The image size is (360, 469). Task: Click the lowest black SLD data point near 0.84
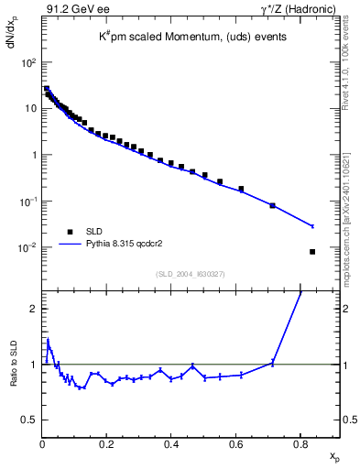click(312, 252)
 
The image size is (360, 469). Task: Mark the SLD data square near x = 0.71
click(273, 205)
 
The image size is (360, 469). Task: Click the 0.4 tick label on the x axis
click(171, 445)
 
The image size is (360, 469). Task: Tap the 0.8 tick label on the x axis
click(300, 445)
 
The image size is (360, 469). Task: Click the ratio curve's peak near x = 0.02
click(47, 340)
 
